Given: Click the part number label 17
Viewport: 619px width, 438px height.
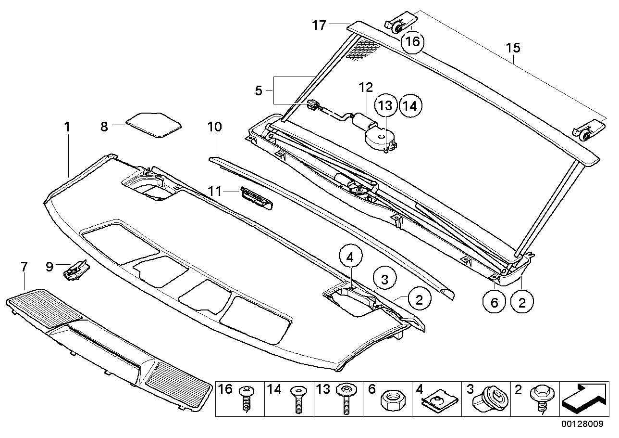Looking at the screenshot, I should [319, 25].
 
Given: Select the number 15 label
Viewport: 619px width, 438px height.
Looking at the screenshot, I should [513, 48].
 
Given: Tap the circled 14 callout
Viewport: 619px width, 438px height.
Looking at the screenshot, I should [410, 105].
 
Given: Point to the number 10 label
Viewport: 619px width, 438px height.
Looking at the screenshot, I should [214, 127].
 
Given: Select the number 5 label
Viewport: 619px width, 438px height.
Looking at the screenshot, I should [259, 90].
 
